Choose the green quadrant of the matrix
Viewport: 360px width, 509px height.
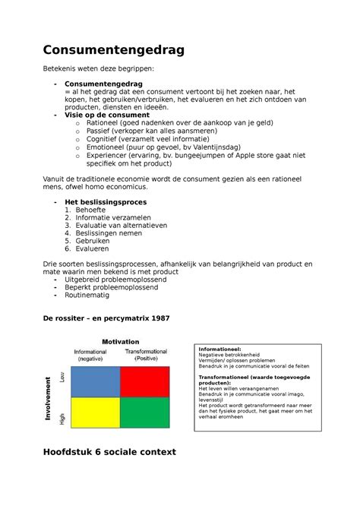point(144,414)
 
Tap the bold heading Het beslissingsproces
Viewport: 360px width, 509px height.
point(106,202)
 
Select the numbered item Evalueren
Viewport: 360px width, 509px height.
point(92,248)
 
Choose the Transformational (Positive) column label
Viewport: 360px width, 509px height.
point(147,356)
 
